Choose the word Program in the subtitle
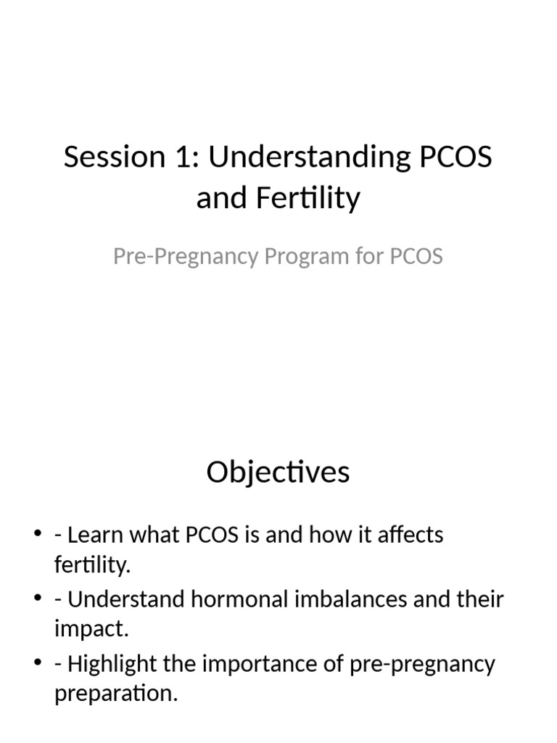point(298,257)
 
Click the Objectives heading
point(278,472)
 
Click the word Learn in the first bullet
point(95,535)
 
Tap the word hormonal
point(248,600)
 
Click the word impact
point(91,629)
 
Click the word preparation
point(115,694)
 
